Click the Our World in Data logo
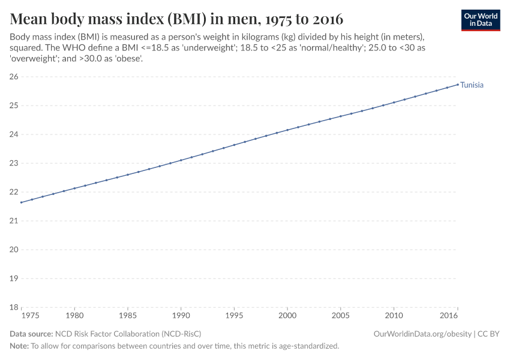point(480,20)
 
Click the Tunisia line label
point(472,85)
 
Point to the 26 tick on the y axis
point(13,77)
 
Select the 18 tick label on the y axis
point(13,307)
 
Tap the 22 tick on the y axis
point(13,192)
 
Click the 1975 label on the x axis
point(30,316)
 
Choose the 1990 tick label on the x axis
point(181,316)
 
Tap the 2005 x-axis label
point(340,316)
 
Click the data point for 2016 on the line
point(458,84)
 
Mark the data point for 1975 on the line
point(21,202)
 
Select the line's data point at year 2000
point(287,130)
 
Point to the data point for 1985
point(128,175)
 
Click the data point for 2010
point(394,103)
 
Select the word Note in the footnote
point(19,346)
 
